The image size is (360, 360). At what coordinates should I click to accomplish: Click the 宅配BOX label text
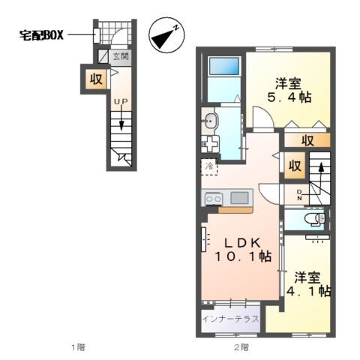pyautogui.click(x=44, y=34)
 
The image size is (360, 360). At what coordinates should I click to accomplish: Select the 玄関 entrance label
pyautogui.click(x=121, y=56)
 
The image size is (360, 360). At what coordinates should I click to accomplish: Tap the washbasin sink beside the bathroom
pyautogui.click(x=209, y=119)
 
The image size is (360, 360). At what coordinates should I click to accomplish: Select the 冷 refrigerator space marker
pyautogui.click(x=209, y=166)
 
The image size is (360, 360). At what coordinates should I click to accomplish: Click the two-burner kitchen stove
pyautogui.click(x=212, y=198)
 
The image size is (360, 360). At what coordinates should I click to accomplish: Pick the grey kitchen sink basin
pyautogui.click(x=240, y=198)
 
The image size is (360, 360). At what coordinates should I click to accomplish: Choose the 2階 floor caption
pyautogui.click(x=239, y=346)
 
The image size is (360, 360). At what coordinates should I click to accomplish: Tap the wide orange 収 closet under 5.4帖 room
pyautogui.click(x=308, y=140)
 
